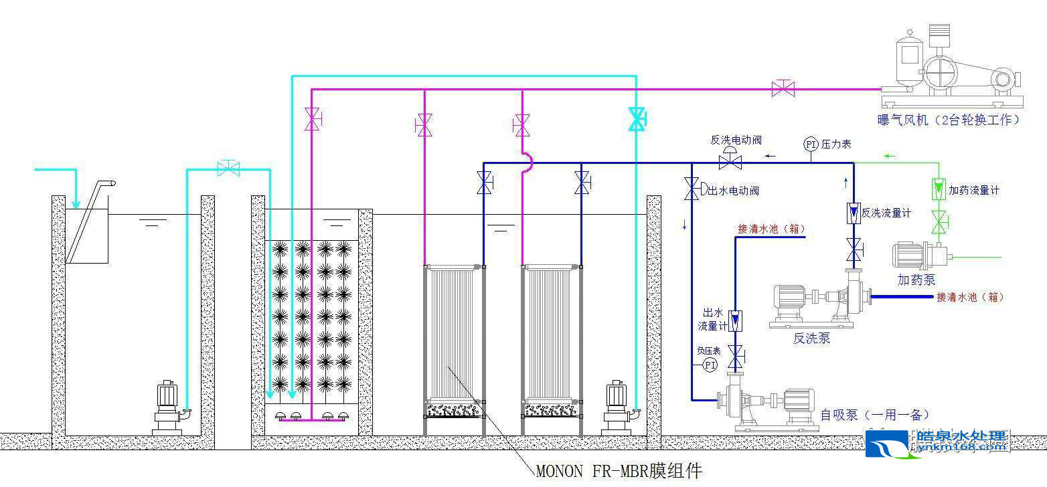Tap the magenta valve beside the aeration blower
[783, 88]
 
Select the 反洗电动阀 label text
[736, 140]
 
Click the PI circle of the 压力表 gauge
[810, 144]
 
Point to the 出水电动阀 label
[734, 191]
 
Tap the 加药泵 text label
[916, 280]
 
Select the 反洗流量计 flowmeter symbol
[854, 213]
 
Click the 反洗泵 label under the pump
[811, 338]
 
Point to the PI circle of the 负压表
[710, 365]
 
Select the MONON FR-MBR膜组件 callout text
[619, 471]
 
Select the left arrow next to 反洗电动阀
[771, 156]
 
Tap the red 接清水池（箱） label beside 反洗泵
[970, 297]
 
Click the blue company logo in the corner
[888, 444]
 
